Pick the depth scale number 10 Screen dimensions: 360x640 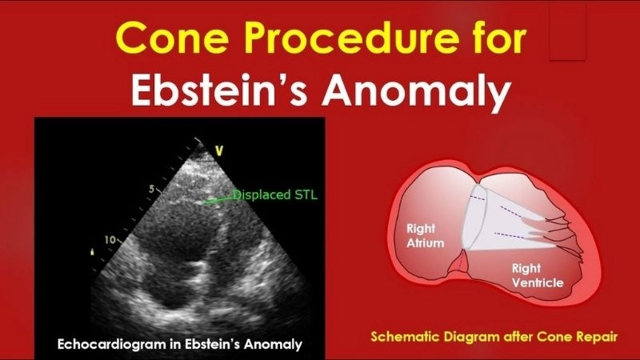110,239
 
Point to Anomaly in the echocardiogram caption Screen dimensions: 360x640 271,345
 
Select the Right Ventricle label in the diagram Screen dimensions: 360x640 538,276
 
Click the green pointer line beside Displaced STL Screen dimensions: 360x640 217,199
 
